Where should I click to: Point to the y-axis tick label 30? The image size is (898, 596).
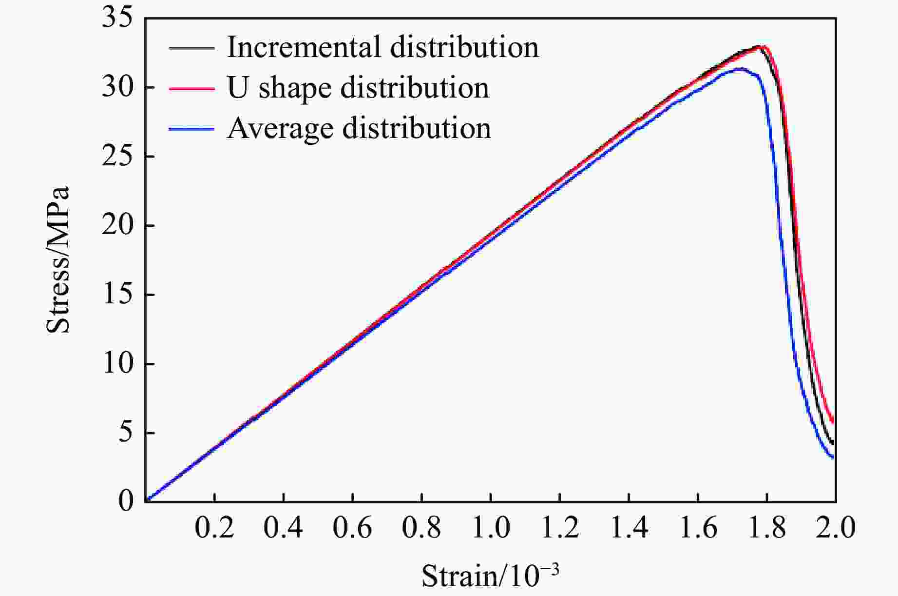(x=117, y=88)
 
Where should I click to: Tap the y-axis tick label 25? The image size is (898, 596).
(x=117, y=157)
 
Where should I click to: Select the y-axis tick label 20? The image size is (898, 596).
(x=117, y=226)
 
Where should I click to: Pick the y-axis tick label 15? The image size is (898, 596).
(x=117, y=295)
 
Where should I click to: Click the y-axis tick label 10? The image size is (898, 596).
(x=117, y=364)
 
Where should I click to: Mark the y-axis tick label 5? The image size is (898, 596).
(x=125, y=433)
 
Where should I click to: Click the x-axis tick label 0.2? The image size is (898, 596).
(x=214, y=528)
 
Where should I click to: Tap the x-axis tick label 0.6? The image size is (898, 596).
(x=352, y=528)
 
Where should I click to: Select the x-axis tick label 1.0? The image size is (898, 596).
(x=491, y=528)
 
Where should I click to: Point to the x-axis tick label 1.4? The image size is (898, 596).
(x=629, y=528)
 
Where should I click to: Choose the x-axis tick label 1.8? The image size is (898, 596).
(x=767, y=528)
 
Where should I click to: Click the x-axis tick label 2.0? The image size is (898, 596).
(x=836, y=528)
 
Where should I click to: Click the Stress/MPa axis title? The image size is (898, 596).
(x=58, y=259)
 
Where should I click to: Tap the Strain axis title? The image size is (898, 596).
(x=490, y=576)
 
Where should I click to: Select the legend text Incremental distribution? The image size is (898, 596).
(x=383, y=47)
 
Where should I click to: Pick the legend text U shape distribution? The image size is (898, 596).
(x=358, y=88)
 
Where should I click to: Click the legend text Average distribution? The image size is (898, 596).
(x=359, y=128)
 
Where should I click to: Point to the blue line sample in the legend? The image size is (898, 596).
(x=191, y=129)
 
